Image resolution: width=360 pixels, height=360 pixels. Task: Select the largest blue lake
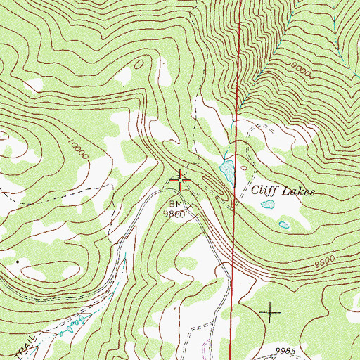pyautogui.click(x=226, y=169)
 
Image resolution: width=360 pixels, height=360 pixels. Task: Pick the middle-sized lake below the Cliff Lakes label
pyautogui.click(x=268, y=205)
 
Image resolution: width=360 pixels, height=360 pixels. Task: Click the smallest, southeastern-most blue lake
pyautogui.click(x=283, y=225)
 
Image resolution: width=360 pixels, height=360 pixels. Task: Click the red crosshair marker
pyautogui.click(x=181, y=181)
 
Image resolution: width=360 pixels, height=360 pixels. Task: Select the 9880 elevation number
pyautogui.click(x=174, y=213)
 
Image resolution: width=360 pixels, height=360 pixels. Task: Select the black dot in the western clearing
pyautogui.click(x=19, y=261)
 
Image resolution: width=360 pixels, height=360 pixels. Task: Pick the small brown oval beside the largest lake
pyautogui.click(x=243, y=169)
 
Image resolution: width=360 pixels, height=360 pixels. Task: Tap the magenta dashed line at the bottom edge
pyautogui.click(x=204, y=352)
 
